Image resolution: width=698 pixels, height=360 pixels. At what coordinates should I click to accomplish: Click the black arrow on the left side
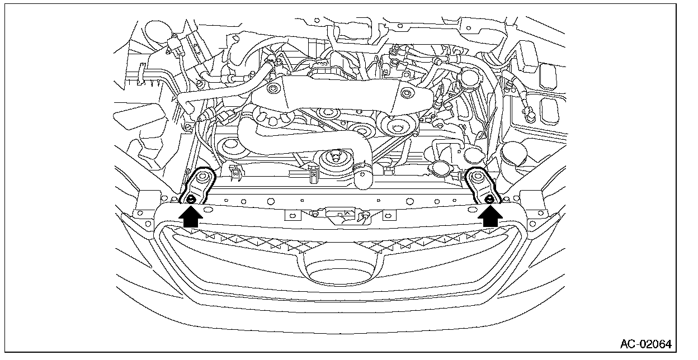pos(191,216)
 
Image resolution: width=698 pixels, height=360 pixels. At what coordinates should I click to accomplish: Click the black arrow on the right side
pos(491,216)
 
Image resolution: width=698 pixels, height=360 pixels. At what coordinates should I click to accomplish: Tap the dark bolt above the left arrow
pos(191,199)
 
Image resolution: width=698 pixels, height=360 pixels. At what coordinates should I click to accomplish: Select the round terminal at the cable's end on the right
pos(529,117)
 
